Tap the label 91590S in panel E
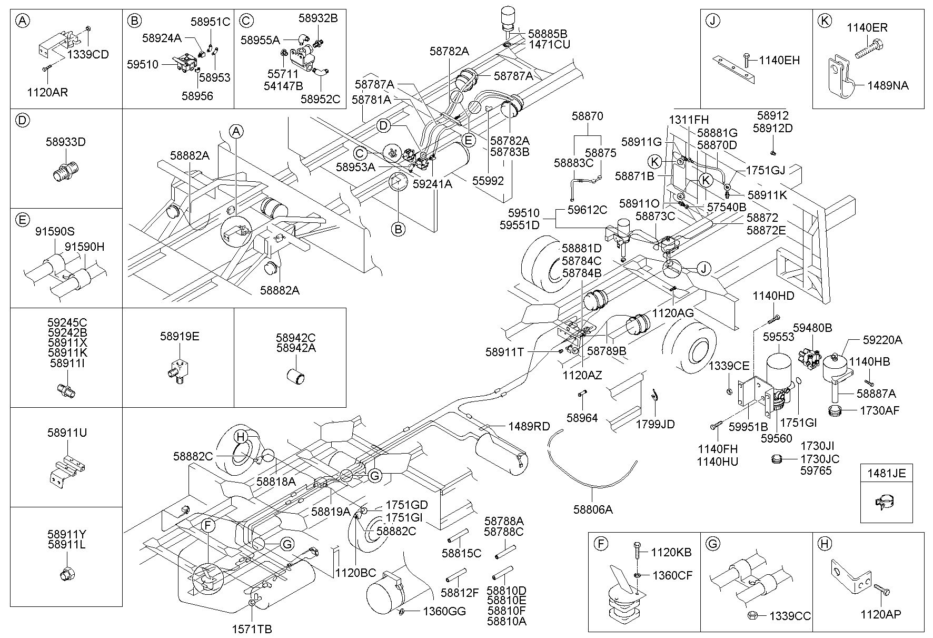point(55,231)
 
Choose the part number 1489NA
point(888,85)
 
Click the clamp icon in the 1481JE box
point(886,503)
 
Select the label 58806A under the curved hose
point(593,509)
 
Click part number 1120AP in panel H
point(881,614)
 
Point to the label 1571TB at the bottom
point(252,629)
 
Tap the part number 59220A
point(882,340)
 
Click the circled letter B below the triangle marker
point(399,229)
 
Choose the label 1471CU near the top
point(549,45)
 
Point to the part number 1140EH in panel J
point(779,60)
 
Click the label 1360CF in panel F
point(672,575)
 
